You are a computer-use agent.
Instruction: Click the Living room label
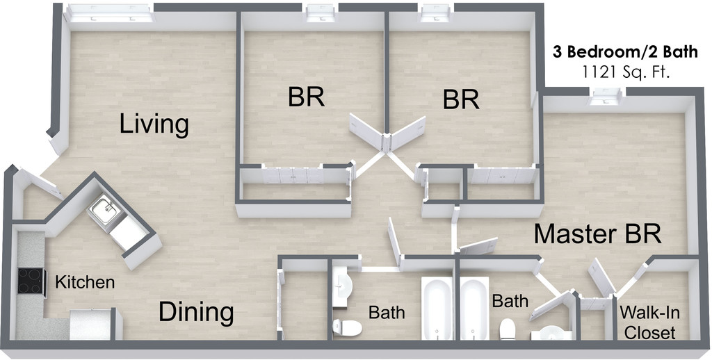[154, 124]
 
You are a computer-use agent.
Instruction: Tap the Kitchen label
[85, 283]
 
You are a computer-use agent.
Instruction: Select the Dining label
[196, 312]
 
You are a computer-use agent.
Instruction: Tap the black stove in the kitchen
[31, 283]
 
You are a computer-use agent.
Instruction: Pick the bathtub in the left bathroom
[438, 309]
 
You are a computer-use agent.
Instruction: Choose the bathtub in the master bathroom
[475, 309]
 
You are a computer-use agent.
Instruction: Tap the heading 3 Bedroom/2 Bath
[615, 51]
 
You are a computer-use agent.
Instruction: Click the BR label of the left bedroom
[306, 97]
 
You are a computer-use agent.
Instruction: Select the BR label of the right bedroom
[461, 99]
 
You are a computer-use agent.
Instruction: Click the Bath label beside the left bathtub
[387, 312]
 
